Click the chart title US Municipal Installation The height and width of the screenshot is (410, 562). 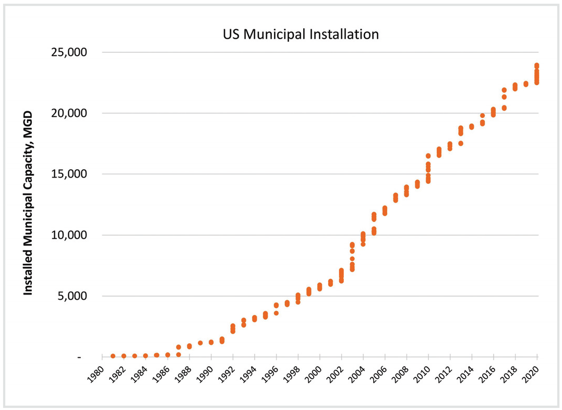coord(300,35)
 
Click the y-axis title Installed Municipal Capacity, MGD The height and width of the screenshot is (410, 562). coord(28,203)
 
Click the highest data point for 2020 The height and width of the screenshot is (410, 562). coord(536,66)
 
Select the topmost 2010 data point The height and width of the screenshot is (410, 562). coord(428,156)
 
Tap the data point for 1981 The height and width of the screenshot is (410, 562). coord(113,356)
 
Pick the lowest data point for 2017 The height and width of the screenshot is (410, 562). coord(504,108)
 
